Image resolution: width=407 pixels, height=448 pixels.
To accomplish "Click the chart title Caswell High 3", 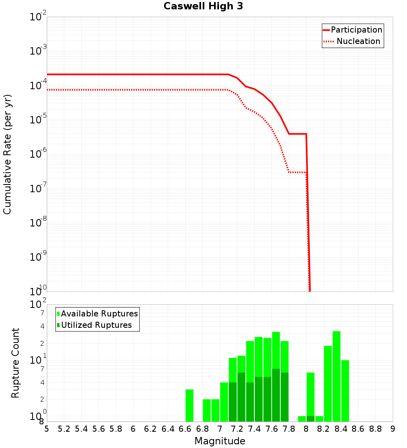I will pos(203,7).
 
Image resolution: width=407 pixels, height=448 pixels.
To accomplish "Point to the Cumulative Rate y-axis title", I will pos(7,154).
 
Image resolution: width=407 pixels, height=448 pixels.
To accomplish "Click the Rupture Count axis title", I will pos(15,363).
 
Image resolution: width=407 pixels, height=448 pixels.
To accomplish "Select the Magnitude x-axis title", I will pos(220,441).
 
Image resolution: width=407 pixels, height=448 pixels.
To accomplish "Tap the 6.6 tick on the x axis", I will pos(185,429).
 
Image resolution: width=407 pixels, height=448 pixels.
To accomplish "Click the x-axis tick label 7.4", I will pos(254,429).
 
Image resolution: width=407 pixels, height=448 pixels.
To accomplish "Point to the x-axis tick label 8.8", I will pos(375,429).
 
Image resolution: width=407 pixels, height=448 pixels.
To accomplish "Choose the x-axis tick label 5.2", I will pos(64,429).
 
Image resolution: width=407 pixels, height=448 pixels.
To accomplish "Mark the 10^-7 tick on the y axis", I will pos(38,189).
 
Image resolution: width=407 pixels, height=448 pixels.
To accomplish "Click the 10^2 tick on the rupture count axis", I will pos(38,305).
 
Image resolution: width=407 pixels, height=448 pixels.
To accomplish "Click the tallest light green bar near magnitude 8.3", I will pos(336,376).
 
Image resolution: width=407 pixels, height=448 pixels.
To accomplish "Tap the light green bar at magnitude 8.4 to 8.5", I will pos(345,391).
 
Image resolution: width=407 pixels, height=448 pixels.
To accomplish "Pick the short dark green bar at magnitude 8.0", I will pos(311,419).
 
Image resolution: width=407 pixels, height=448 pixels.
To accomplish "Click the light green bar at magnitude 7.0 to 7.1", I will pos(224,402).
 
